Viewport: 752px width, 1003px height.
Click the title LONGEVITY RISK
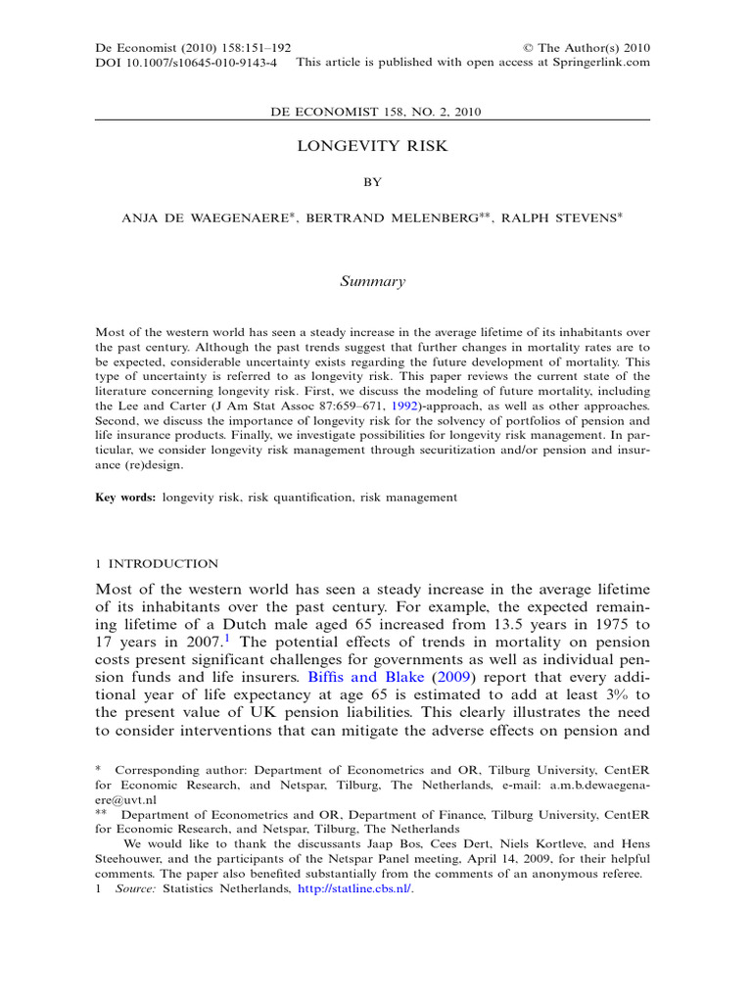point(372,146)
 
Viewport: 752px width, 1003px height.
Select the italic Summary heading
point(372,281)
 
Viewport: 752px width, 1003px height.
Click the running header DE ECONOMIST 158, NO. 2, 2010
point(374,112)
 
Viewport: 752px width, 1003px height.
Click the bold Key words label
point(124,498)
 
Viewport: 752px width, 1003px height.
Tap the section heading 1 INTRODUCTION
point(157,563)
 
